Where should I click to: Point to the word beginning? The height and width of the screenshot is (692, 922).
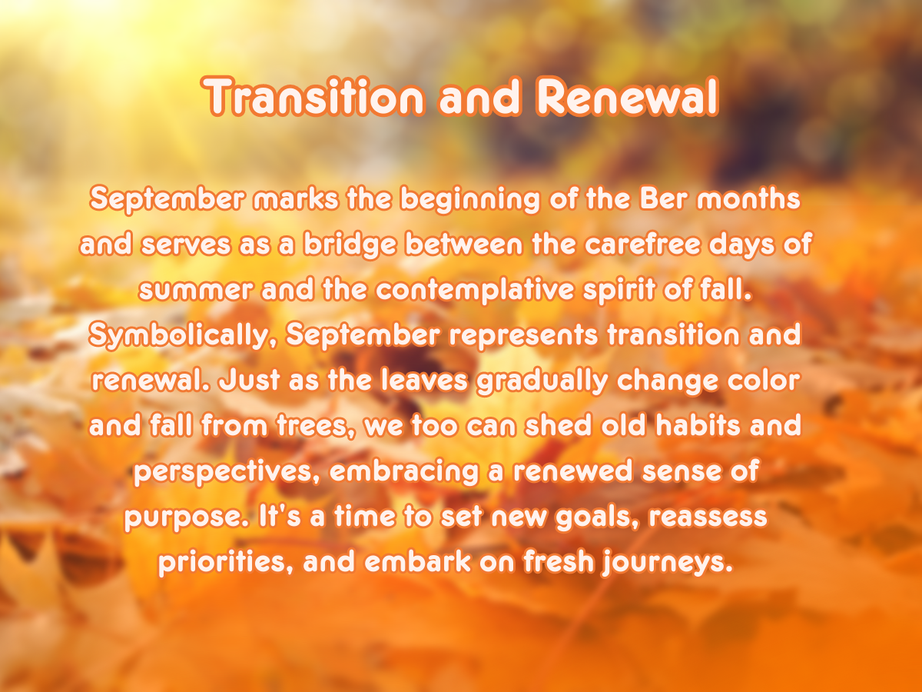(x=470, y=200)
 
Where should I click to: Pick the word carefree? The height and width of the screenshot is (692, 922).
(x=642, y=244)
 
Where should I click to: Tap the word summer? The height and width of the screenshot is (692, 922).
(x=196, y=290)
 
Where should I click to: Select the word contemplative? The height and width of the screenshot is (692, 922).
(x=475, y=291)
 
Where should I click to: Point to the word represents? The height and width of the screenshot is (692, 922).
(x=523, y=336)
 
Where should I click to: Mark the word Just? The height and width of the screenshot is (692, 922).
(x=249, y=381)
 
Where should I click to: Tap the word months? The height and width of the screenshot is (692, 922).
(x=749, y=198)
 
